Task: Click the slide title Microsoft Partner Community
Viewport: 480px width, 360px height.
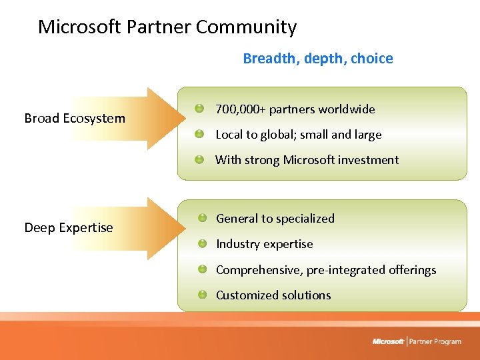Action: coord(167,27)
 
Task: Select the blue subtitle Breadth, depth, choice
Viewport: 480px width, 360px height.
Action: coord(317,59)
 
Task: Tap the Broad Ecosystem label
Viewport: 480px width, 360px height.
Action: coord(75,119)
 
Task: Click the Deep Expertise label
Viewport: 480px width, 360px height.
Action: coord(69,228)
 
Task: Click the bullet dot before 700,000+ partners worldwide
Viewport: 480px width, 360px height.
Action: coord(199,108)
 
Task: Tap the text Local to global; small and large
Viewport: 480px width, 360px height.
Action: coord(298,135)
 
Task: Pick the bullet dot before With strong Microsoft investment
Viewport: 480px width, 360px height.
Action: coord(199,159)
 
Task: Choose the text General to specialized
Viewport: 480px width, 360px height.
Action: coord(275,219)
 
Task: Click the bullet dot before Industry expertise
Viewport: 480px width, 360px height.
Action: coord(202,243)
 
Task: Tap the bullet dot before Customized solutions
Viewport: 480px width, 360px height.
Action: coord(202,295)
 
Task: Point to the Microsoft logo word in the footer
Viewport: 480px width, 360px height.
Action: coord(388,341)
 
